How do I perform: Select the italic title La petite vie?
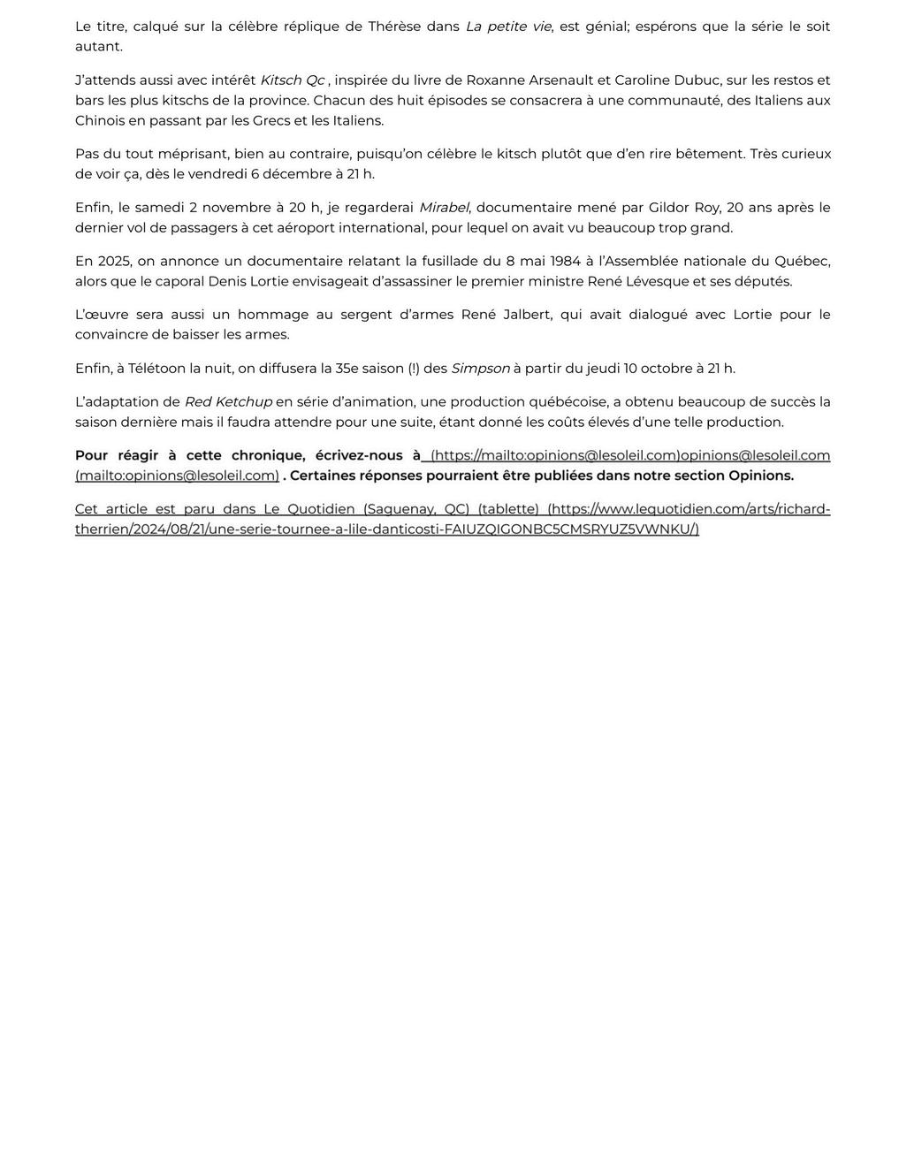[508, 27]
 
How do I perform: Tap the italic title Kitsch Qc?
[293, 80]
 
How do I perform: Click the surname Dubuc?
[693, 80]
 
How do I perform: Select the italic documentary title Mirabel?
[444, 208]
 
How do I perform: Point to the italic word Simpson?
[480, 369]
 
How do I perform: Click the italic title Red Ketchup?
[228, 402]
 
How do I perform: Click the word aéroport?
[270, 228]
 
